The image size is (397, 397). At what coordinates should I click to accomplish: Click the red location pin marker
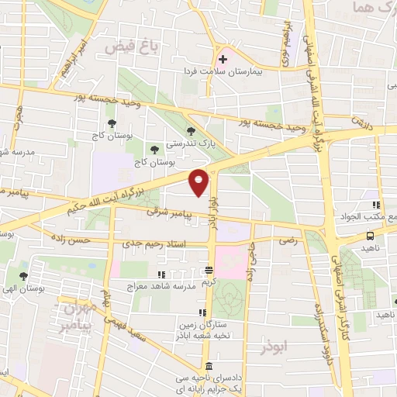click(199, 182)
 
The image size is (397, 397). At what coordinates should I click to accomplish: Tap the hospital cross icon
click(223, 57)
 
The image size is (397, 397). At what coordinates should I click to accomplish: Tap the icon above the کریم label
click(208, 271)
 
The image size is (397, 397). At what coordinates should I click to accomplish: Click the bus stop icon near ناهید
click(371, 235)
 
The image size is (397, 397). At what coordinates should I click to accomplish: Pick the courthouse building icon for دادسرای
click(208, 367)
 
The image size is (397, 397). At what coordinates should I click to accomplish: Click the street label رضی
click(288, 241)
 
